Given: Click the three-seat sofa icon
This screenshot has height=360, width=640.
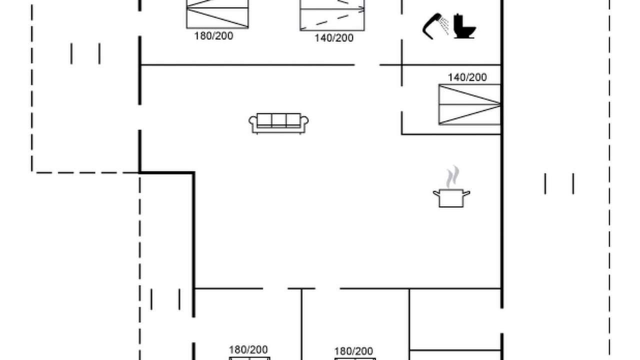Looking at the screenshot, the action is pyautogui.click(x=278, y=123).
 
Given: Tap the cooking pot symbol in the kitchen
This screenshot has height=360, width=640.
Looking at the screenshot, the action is pyautogui.click(x=451, y=197).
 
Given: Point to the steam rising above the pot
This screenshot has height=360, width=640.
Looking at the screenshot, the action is pyautogui.click(x=452, y=177).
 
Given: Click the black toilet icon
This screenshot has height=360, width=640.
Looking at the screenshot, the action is pyautogui.click(x=464, y=26).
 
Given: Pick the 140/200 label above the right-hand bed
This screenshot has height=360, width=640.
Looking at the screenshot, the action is pyautogui.click(x=467, y=77).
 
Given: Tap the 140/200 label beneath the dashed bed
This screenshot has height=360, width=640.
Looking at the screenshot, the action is pyautogui.click(x=333, y=38).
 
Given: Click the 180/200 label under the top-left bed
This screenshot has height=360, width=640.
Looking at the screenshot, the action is pyautogui.click(x=213, y=36).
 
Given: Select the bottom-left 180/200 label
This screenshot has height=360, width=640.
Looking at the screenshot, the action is pyautogui.click(x=248, y=349).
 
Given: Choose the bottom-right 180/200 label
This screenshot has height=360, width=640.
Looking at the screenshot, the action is pyautogui.click(x=353, y=351).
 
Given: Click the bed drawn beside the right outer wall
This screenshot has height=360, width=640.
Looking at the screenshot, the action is pyautogui.click(x=469, y=104).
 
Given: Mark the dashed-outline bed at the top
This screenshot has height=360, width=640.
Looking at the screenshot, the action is pyautogui.click(x=332, y=15).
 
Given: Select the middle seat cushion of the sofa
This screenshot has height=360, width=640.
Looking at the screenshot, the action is pyautogui.click(x=279, y=120).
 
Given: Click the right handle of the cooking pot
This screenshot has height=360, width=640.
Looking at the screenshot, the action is pyautogui.click(x=466, y=193).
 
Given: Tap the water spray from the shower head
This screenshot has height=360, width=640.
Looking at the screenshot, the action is pyautogui.click(x=444, y=25).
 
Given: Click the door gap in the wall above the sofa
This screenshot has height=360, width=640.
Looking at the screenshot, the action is pyautogui.click(x=367, y=65).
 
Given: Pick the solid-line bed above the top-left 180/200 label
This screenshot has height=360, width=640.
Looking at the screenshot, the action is pyautogui.click(x=217, y=14).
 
